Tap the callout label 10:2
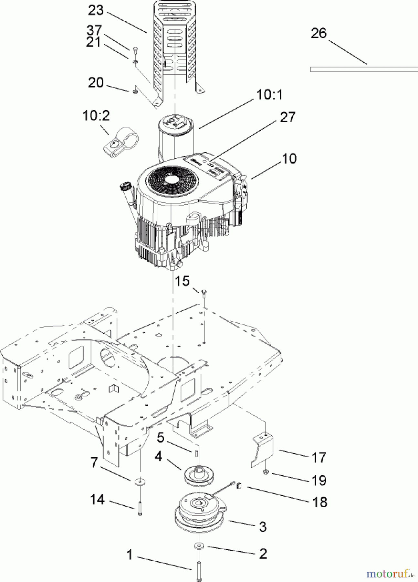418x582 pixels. [x=96, y=115]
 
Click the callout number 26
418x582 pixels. [x=319, y=33]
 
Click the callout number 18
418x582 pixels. [x=319, y=502]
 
